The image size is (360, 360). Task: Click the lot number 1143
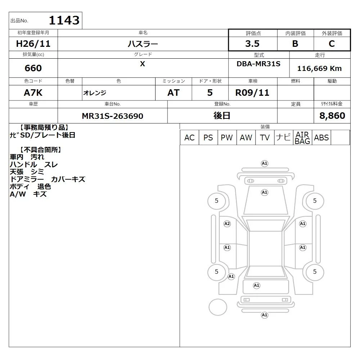[x=64, y=20]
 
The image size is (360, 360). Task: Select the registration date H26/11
[x=33, y=44]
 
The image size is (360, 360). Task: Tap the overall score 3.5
[x=252, y=44]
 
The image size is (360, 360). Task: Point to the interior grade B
[x=295, y=44]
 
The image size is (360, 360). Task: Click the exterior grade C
[x=332, y=44]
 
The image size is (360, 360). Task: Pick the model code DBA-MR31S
[x=258, y=64]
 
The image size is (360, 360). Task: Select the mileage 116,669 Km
[x=319, y=68]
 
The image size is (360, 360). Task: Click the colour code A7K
[x=33, y=93]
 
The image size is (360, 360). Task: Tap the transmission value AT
[x=174, y=93]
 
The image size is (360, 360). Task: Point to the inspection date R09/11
[x=252, y=93]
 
